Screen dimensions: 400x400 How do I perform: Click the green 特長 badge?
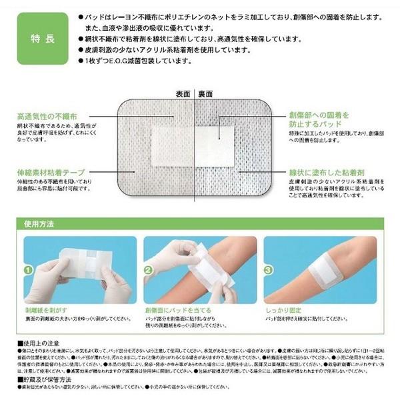tap(36, 37)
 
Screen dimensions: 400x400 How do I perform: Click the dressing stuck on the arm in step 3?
tap(334, 272)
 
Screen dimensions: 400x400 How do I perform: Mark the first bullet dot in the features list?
tap(81, 15)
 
